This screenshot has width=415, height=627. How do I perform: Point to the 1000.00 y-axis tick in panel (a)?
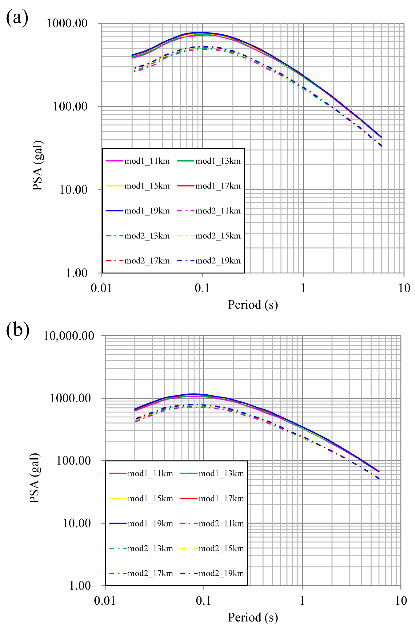(x=67, y=23)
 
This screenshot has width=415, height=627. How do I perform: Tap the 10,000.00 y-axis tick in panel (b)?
(x=69, y=336)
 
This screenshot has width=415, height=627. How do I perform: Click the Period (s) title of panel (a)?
(x=253, y=305)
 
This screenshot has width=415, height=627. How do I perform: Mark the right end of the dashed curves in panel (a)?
(x=381, y=146)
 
